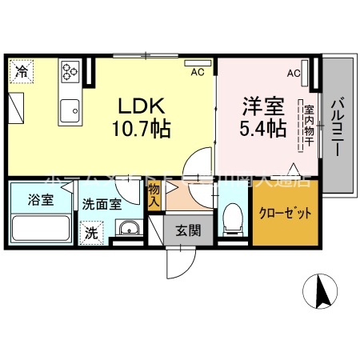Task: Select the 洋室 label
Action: (x=259, y=105)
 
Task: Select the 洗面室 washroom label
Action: (x=102, y=203)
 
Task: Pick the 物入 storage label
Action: (x=154, y=196)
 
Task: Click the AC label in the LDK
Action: (x=195, y=70)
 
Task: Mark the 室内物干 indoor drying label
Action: (x=306, y=124)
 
